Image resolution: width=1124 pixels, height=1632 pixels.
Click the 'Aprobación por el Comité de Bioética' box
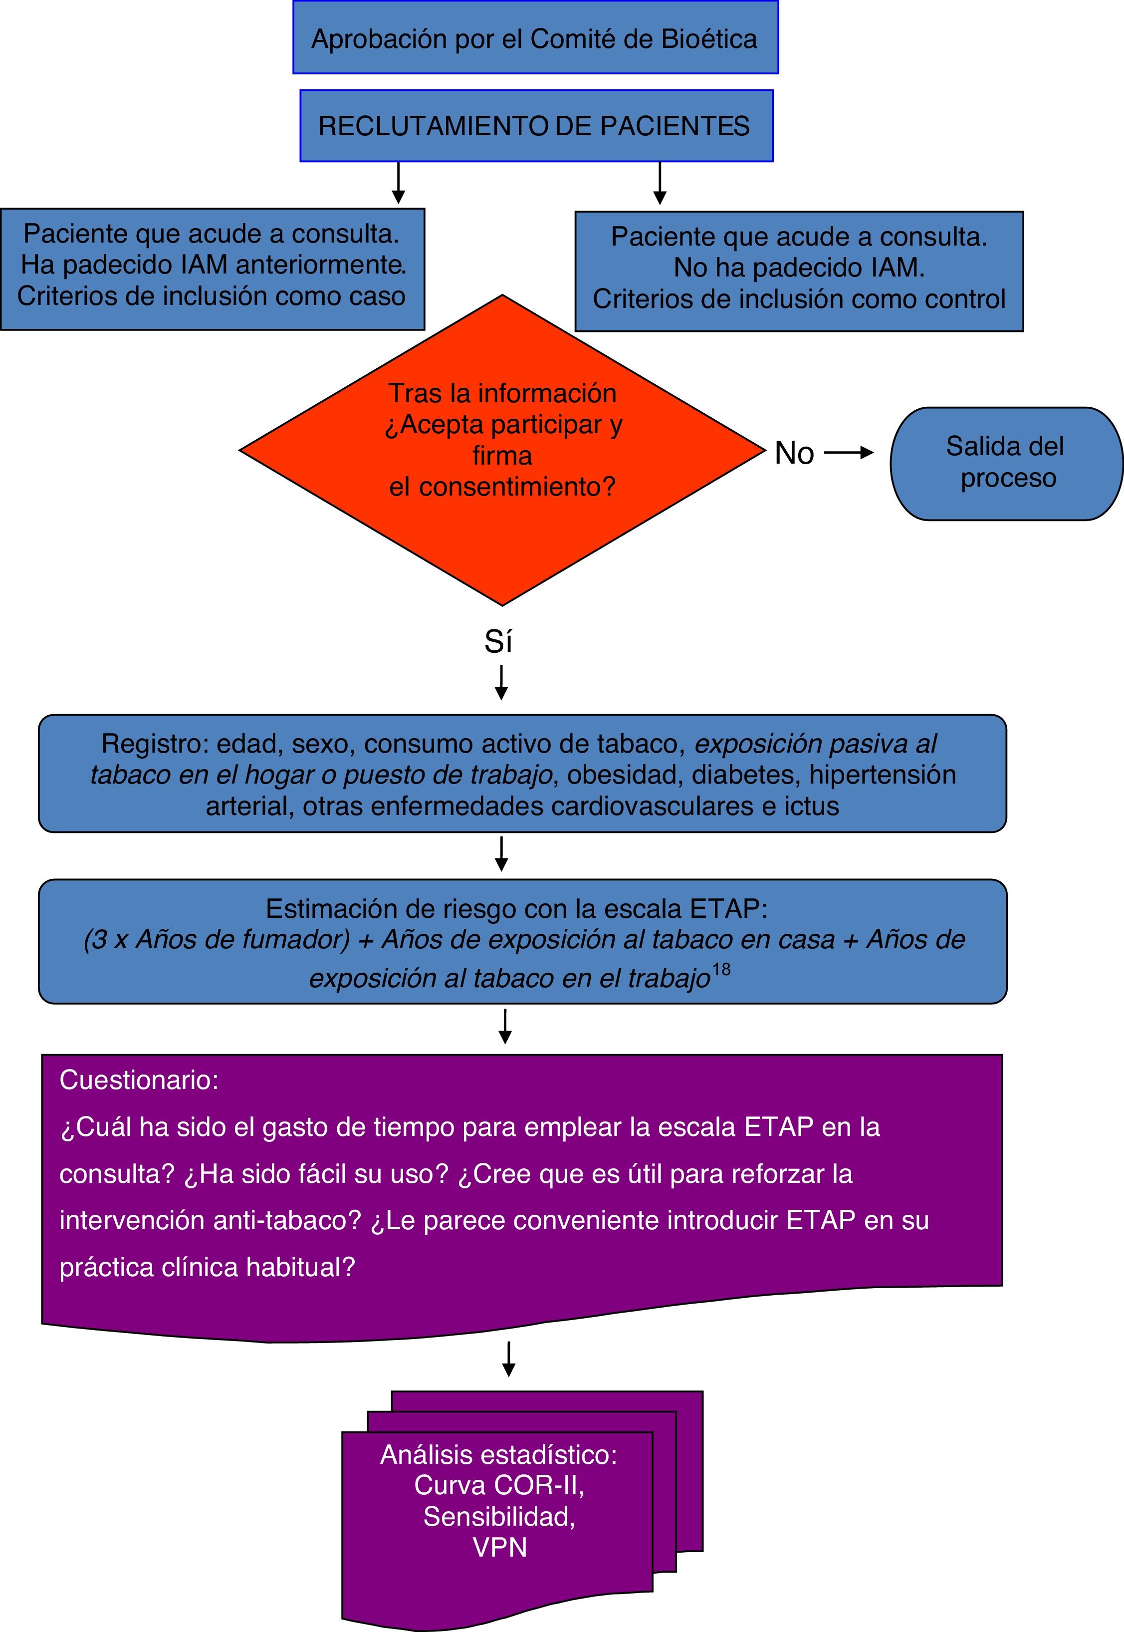click(x=535, y=37)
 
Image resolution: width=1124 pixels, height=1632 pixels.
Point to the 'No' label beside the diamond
click(x=794, y=453)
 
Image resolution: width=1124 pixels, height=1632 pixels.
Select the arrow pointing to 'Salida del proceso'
click(x=848, y=453)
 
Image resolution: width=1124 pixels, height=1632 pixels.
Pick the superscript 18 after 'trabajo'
click(x=721, y=970)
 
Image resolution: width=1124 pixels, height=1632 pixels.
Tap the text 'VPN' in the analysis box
click(x=499, y=1548)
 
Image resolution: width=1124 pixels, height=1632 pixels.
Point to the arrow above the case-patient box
click(x=399, y=183)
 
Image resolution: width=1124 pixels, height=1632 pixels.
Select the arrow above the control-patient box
click(x=660, y=184)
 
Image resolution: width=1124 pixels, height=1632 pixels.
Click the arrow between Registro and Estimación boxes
click(x=501, y=854)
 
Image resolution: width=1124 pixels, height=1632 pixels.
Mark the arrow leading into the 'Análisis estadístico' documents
click(x=508, y=1359)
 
